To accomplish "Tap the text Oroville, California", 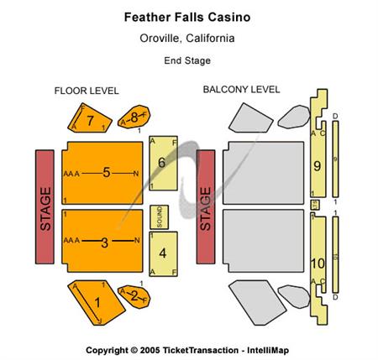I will (x=187, y=38).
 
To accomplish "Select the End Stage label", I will (x=187, y=60).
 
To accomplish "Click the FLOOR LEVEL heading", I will (x=87, y=91).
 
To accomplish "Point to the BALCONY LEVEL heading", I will (x=241, y=90).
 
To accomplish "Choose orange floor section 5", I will (x=102, y=173).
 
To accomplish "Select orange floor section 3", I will (x=102, y=243).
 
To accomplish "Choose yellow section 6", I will (x=163, y=163).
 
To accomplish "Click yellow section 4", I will (x=163, y=252).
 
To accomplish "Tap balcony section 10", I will (x=317, y=262).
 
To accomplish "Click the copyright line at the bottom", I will (x=186, y=348).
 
